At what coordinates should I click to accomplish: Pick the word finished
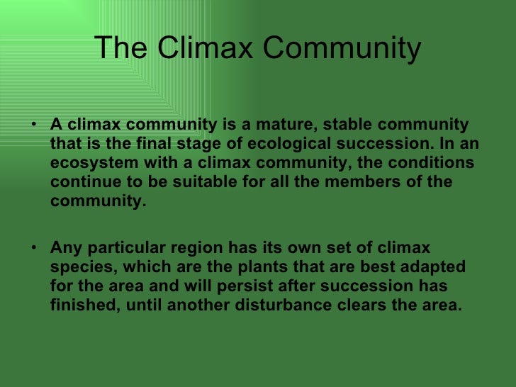pyautogui.click(x=80, y=306)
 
